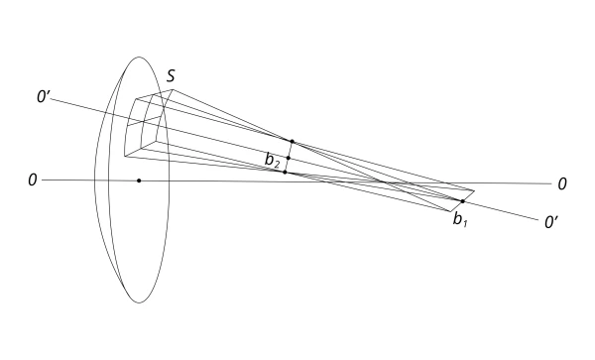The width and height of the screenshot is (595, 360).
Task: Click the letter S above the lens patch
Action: (x=172, y=76)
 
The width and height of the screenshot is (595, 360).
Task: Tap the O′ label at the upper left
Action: (x=44, y=97)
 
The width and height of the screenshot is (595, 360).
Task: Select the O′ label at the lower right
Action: (x=551, y=222)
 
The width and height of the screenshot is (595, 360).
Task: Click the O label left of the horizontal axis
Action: (x=33, y=180)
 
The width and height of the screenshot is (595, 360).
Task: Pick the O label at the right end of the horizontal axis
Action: (x=562, y=184)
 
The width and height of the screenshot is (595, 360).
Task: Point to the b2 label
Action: (x=272, y=160)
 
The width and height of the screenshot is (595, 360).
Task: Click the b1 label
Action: (x=460, y=219)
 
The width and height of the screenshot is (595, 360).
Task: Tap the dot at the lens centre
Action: (x=139, y=180)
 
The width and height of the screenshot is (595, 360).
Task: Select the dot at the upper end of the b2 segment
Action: (x=292, y=142)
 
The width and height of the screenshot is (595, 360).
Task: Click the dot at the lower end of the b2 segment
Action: (x=285, y=173)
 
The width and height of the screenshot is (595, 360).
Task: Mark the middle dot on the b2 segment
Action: (x=289, y=158)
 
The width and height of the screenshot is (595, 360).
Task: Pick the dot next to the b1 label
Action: (x=462, y=201)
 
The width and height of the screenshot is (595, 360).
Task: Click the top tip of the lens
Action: (x=139, y=58)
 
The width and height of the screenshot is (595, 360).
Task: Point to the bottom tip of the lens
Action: (x=139, y=302)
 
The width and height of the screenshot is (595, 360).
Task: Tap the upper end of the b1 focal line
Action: (x=474, y=190)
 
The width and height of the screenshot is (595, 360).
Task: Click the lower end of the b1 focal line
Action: (x=450, y=211)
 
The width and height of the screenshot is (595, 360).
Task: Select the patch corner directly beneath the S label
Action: (x=173, y=89)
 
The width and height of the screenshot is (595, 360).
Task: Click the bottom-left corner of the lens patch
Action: (x=125, y=156)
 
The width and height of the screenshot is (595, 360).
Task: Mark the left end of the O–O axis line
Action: (x=42, y=180)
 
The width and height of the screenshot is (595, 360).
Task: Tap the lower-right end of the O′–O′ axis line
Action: (x=538, y=219)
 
